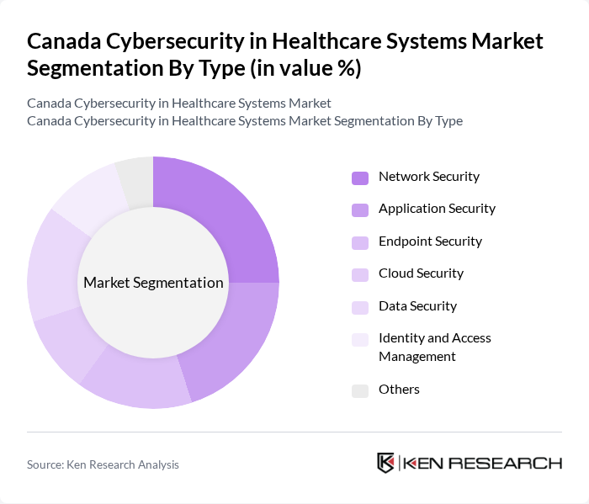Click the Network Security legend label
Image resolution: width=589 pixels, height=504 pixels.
pos(428,177)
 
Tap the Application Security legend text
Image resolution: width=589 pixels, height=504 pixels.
pos(437,209)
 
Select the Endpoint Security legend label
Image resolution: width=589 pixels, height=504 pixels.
pos(430,241)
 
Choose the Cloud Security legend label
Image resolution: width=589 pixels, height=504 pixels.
pos(421,273)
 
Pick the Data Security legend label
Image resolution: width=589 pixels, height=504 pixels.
pos(417,306)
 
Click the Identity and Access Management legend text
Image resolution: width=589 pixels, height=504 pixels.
pos(434,347)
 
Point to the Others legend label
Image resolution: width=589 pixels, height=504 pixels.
pos(399,389)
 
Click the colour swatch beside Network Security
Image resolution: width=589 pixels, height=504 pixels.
pos(360,178)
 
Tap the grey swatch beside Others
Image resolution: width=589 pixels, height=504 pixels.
pos(360,390)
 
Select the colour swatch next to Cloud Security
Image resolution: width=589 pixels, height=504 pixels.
pos(360,274)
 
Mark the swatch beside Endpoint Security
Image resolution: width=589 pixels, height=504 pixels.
pos(360,242)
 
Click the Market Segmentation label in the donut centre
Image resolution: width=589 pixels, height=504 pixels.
pos(153,283)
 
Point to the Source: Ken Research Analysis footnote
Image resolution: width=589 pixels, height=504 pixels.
pos(103,464)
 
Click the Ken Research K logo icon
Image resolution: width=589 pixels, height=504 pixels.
pos(386,463)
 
